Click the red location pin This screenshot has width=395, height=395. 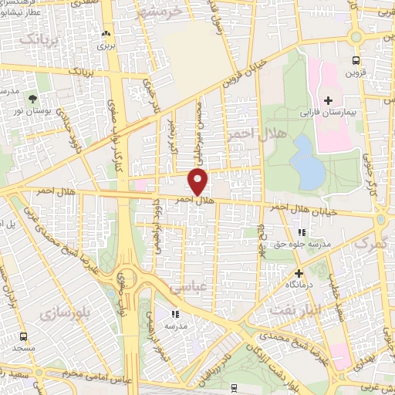[198, 181]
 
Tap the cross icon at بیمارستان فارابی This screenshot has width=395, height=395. [329, 100]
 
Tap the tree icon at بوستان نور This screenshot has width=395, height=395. [32, 99]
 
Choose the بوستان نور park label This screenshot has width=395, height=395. [32, 113]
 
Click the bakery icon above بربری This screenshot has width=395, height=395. [106, 34]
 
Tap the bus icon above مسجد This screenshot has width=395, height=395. [23, 336]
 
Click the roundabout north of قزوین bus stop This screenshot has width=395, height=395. [355, 36]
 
